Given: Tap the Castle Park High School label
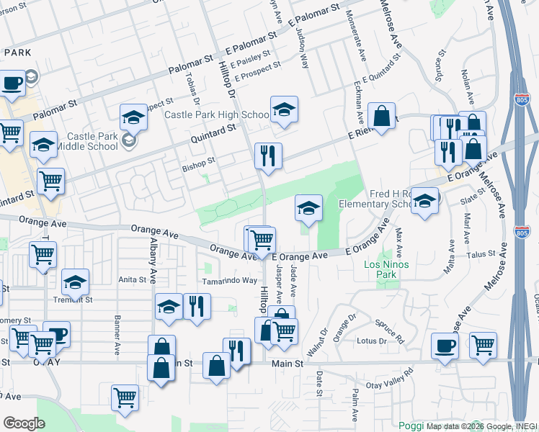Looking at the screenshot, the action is pyautogui.click(x=217, y=114).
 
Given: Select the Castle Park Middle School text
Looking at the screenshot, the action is pyautogui.click(x=92, y=141).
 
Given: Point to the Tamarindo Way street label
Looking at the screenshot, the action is pyautogui.click(x=229, y=281).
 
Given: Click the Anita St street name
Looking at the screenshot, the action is pyautogui.click(x=132, y=280).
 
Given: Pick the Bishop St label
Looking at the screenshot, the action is pyautogui.click(x=201, y=161).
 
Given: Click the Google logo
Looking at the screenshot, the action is pyautogui.click(x=24, y=423).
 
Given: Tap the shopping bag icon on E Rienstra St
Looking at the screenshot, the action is pyautogui.click(x=381, y=115).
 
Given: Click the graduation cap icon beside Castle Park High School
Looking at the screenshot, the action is pyautogui.click(x=284, y=109).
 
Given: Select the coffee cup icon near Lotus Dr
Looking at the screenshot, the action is pyautogui.click(x=445, y=345).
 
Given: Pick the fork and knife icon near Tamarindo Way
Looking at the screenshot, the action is pyautogui.click(x=195, y=306).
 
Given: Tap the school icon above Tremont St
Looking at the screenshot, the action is pyautogui.click(x=75, y=283).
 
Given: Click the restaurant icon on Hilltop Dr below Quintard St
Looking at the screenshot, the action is pyautogui.click(x=267, y=156).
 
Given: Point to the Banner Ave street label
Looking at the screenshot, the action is pyautogui.click(x=117, y=337).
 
